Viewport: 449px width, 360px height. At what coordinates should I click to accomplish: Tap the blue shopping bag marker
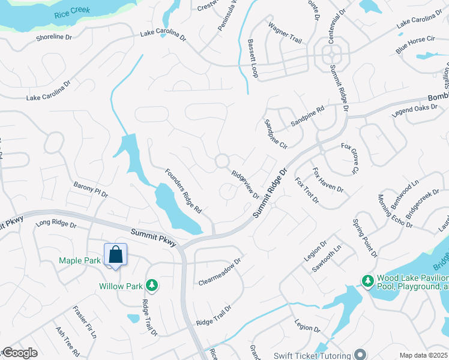coord(115,254)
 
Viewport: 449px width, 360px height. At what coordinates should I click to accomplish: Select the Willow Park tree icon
coord(152,285)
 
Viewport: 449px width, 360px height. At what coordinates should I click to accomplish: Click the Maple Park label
coord(80,260)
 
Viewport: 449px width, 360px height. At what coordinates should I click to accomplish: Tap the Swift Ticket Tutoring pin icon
coord(360,354)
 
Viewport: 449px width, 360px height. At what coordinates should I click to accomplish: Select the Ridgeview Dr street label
coord(246,183)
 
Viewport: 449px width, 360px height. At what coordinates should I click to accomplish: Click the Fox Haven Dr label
coord(327,180)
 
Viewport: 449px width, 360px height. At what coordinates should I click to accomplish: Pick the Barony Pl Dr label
coord(91,190)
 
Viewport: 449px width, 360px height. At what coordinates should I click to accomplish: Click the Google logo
coord(19,353)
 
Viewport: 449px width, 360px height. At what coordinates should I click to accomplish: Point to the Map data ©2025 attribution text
coord(424,355)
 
